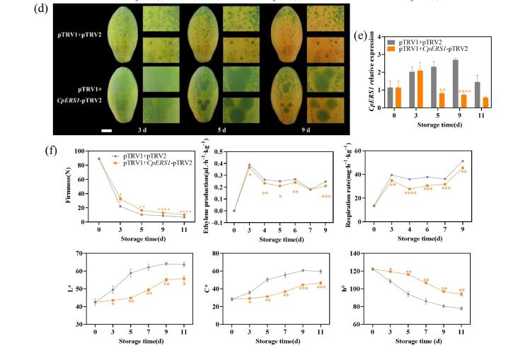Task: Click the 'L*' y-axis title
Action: coord(69,289)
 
